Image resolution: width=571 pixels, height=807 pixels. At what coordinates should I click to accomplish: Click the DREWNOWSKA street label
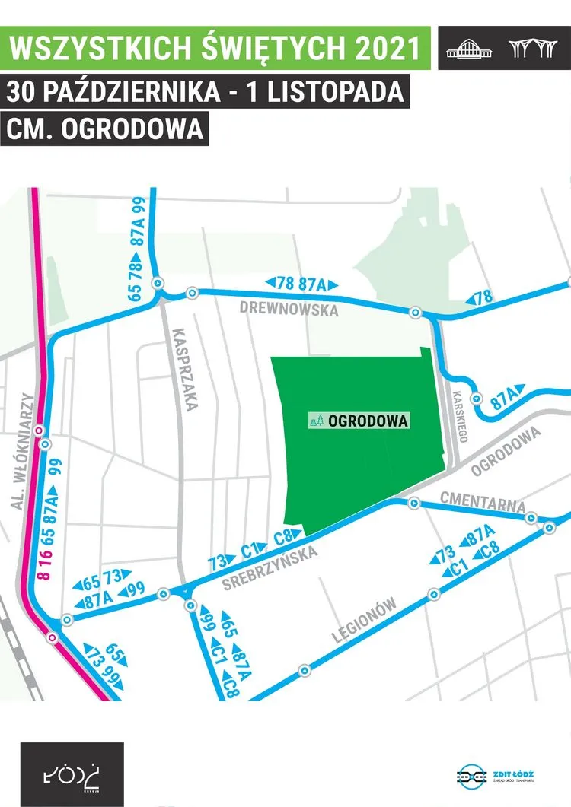(x=288, y=310)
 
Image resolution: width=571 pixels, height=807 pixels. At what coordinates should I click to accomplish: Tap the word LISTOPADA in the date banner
(x=344, y=91)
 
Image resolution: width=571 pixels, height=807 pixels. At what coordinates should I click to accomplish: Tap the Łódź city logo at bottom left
(x=72, y=774)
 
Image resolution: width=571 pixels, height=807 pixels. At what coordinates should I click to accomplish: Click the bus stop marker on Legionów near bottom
(x=305, y=671)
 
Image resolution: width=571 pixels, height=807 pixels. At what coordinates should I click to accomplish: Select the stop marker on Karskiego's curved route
(x=477, y=399)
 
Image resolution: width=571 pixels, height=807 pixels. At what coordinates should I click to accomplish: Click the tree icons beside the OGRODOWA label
(x=317, y=421)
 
